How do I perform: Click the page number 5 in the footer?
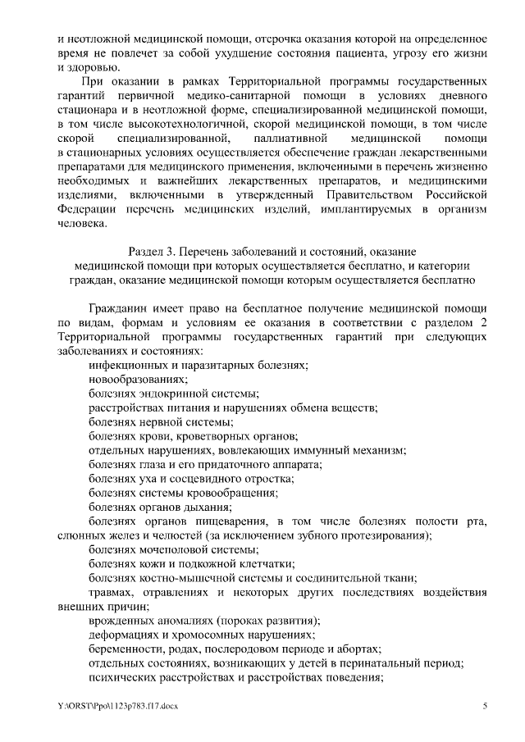(x=485, y=705)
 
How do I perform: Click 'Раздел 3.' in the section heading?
(x=153, y=251)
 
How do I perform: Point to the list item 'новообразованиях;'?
(x=127, y=379)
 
